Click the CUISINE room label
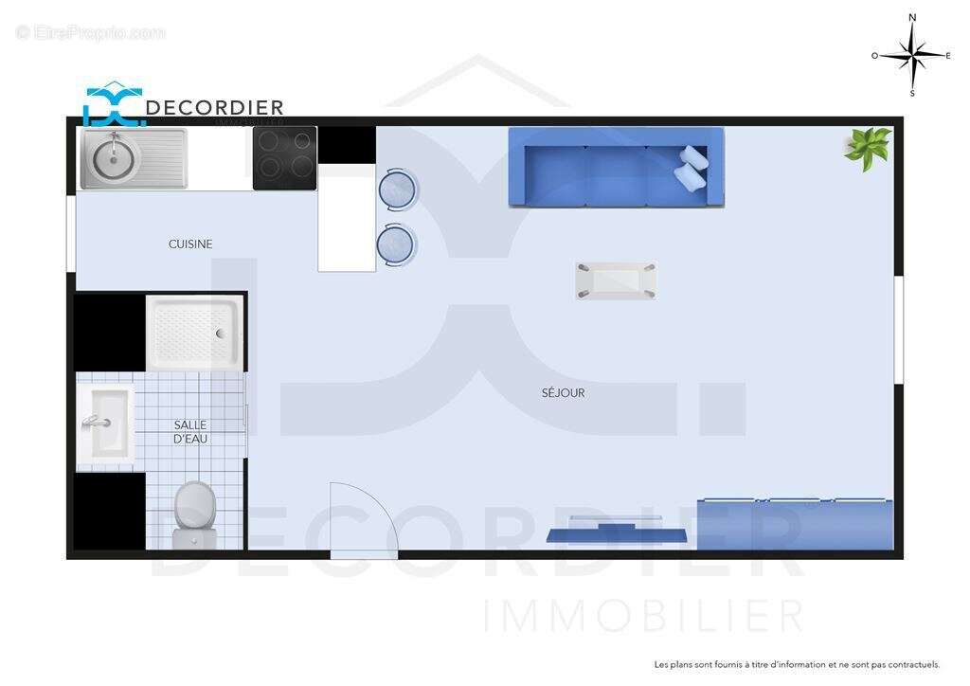coord(190,244)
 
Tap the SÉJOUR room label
coord(563,392)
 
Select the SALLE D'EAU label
coord(190,432)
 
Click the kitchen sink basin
coord(113,159)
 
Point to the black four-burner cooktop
coord(284,158)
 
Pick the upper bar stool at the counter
coord(397,189)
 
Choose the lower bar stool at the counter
coord(396,244)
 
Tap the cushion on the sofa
coord(692,169)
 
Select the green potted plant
coord(868,147)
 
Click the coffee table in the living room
coord(616,280)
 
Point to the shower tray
coord(195,333)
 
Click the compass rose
coord(912,55)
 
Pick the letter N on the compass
coord(912,17)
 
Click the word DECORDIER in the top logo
coord(214,108)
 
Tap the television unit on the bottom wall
coord(616,531)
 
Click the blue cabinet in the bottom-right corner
coord(795,524)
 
